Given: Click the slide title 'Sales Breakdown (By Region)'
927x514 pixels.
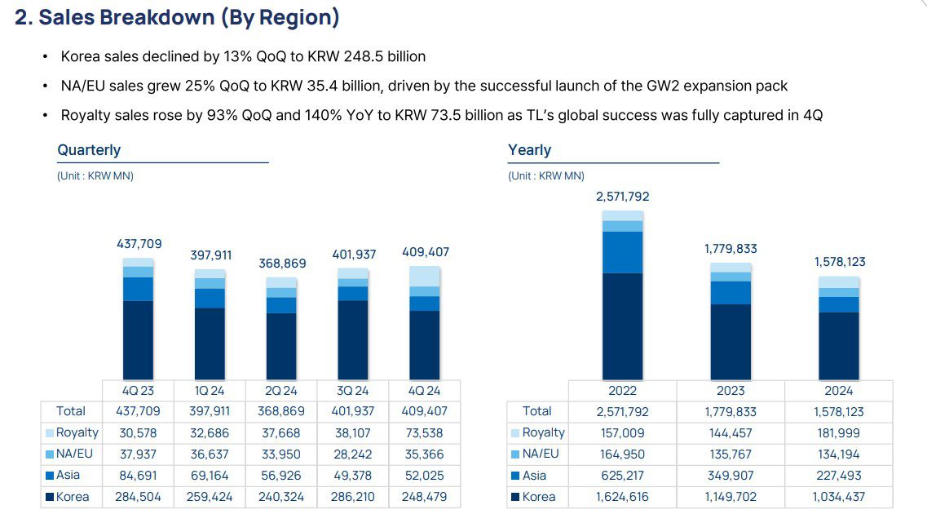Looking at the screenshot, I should (x=189, y=17).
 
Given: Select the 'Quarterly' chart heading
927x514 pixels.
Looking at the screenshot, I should (x=89, y=150).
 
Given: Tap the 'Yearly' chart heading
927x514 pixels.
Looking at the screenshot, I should (x=529, y=150).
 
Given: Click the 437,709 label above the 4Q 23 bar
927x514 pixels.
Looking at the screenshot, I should (x=139, y=244).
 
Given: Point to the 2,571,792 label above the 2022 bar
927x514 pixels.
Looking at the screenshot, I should (x=623, y=197).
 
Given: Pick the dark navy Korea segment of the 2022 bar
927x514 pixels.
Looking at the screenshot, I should (x=623, y=326).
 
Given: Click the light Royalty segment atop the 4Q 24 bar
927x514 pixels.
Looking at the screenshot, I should (x=424, y=277).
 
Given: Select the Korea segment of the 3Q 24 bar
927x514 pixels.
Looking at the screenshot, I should (x=353, y=339).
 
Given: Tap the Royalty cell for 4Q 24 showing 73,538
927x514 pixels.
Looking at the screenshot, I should (x=424, y=433).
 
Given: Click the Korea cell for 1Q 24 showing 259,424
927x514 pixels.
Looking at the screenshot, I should (x=210, y=497).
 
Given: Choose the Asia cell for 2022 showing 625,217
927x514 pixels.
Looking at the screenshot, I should (x=623, y=476).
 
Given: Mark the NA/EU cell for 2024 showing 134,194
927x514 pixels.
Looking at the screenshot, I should (x=838, y=454).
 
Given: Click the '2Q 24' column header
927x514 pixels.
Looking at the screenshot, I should (x=281, y=391).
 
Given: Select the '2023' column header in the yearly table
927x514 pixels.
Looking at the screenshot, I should (x=731, y=391).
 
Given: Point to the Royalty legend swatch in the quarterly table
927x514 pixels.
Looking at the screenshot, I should (x=51, y=433).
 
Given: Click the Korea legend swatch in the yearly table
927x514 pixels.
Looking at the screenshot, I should (x=515, y=497).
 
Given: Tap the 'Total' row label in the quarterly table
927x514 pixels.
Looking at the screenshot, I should (x=71, y=411).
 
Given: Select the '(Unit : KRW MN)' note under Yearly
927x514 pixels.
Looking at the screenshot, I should (x=546, y=175).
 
